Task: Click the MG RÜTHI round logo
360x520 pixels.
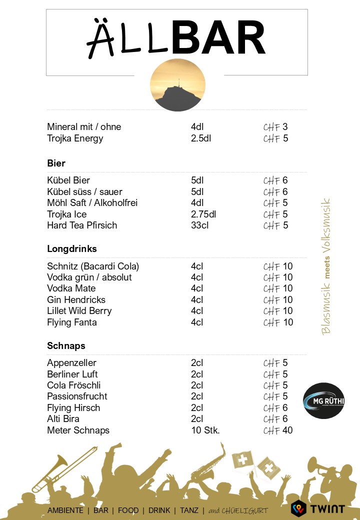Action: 323,401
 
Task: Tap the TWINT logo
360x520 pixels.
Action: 318,508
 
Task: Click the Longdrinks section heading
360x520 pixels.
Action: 72,248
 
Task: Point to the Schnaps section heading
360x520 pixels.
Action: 66,345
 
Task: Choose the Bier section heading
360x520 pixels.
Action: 56,163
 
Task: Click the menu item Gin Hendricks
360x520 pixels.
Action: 76,299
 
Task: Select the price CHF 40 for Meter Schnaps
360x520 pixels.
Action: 278,430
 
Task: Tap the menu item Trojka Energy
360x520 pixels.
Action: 75,138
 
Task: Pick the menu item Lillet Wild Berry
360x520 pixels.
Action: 79,310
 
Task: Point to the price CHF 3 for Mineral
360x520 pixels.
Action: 276,126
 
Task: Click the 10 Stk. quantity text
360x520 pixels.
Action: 205,430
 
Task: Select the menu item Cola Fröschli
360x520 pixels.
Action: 74,385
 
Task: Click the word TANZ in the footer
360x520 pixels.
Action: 189,510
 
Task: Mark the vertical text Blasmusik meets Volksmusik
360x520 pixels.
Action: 326,266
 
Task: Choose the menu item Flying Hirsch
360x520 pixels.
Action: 73,407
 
